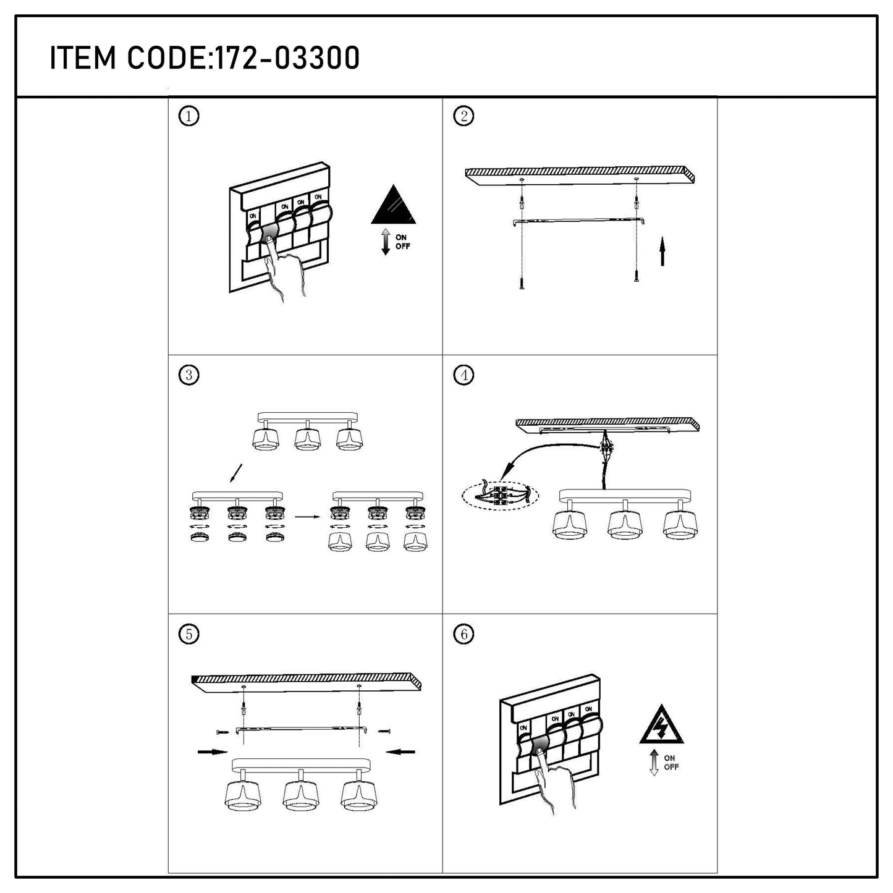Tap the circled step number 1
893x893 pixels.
[188, 116]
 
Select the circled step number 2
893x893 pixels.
[463, 116]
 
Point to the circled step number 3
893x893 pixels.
[188, 375]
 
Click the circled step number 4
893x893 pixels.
[463, 375]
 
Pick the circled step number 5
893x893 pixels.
[188, 633]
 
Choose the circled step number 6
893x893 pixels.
[463, 633]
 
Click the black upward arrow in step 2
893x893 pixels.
[662, 251]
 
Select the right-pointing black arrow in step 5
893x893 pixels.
[213, 751]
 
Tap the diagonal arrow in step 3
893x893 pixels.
[236, 473]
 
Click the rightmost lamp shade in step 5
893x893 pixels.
[358, 797]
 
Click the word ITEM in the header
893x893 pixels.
[83, 58]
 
